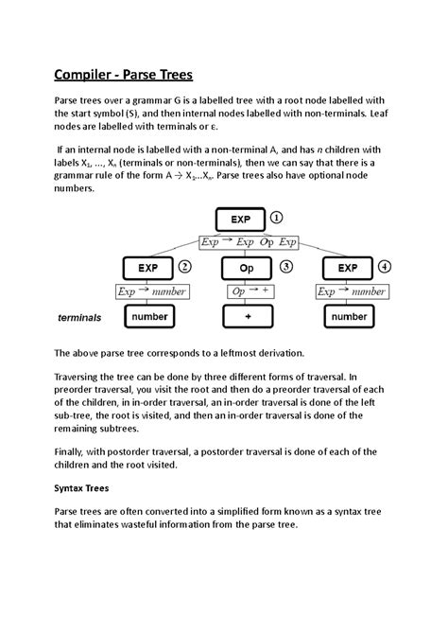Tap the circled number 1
click(277, 217)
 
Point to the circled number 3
click(287, 267)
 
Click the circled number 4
click(385, 267)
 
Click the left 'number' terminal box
click(149, 317)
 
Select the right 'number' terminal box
click(350, 317)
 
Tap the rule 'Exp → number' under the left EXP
click(151, 291)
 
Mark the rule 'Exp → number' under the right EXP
click(351, 291)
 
